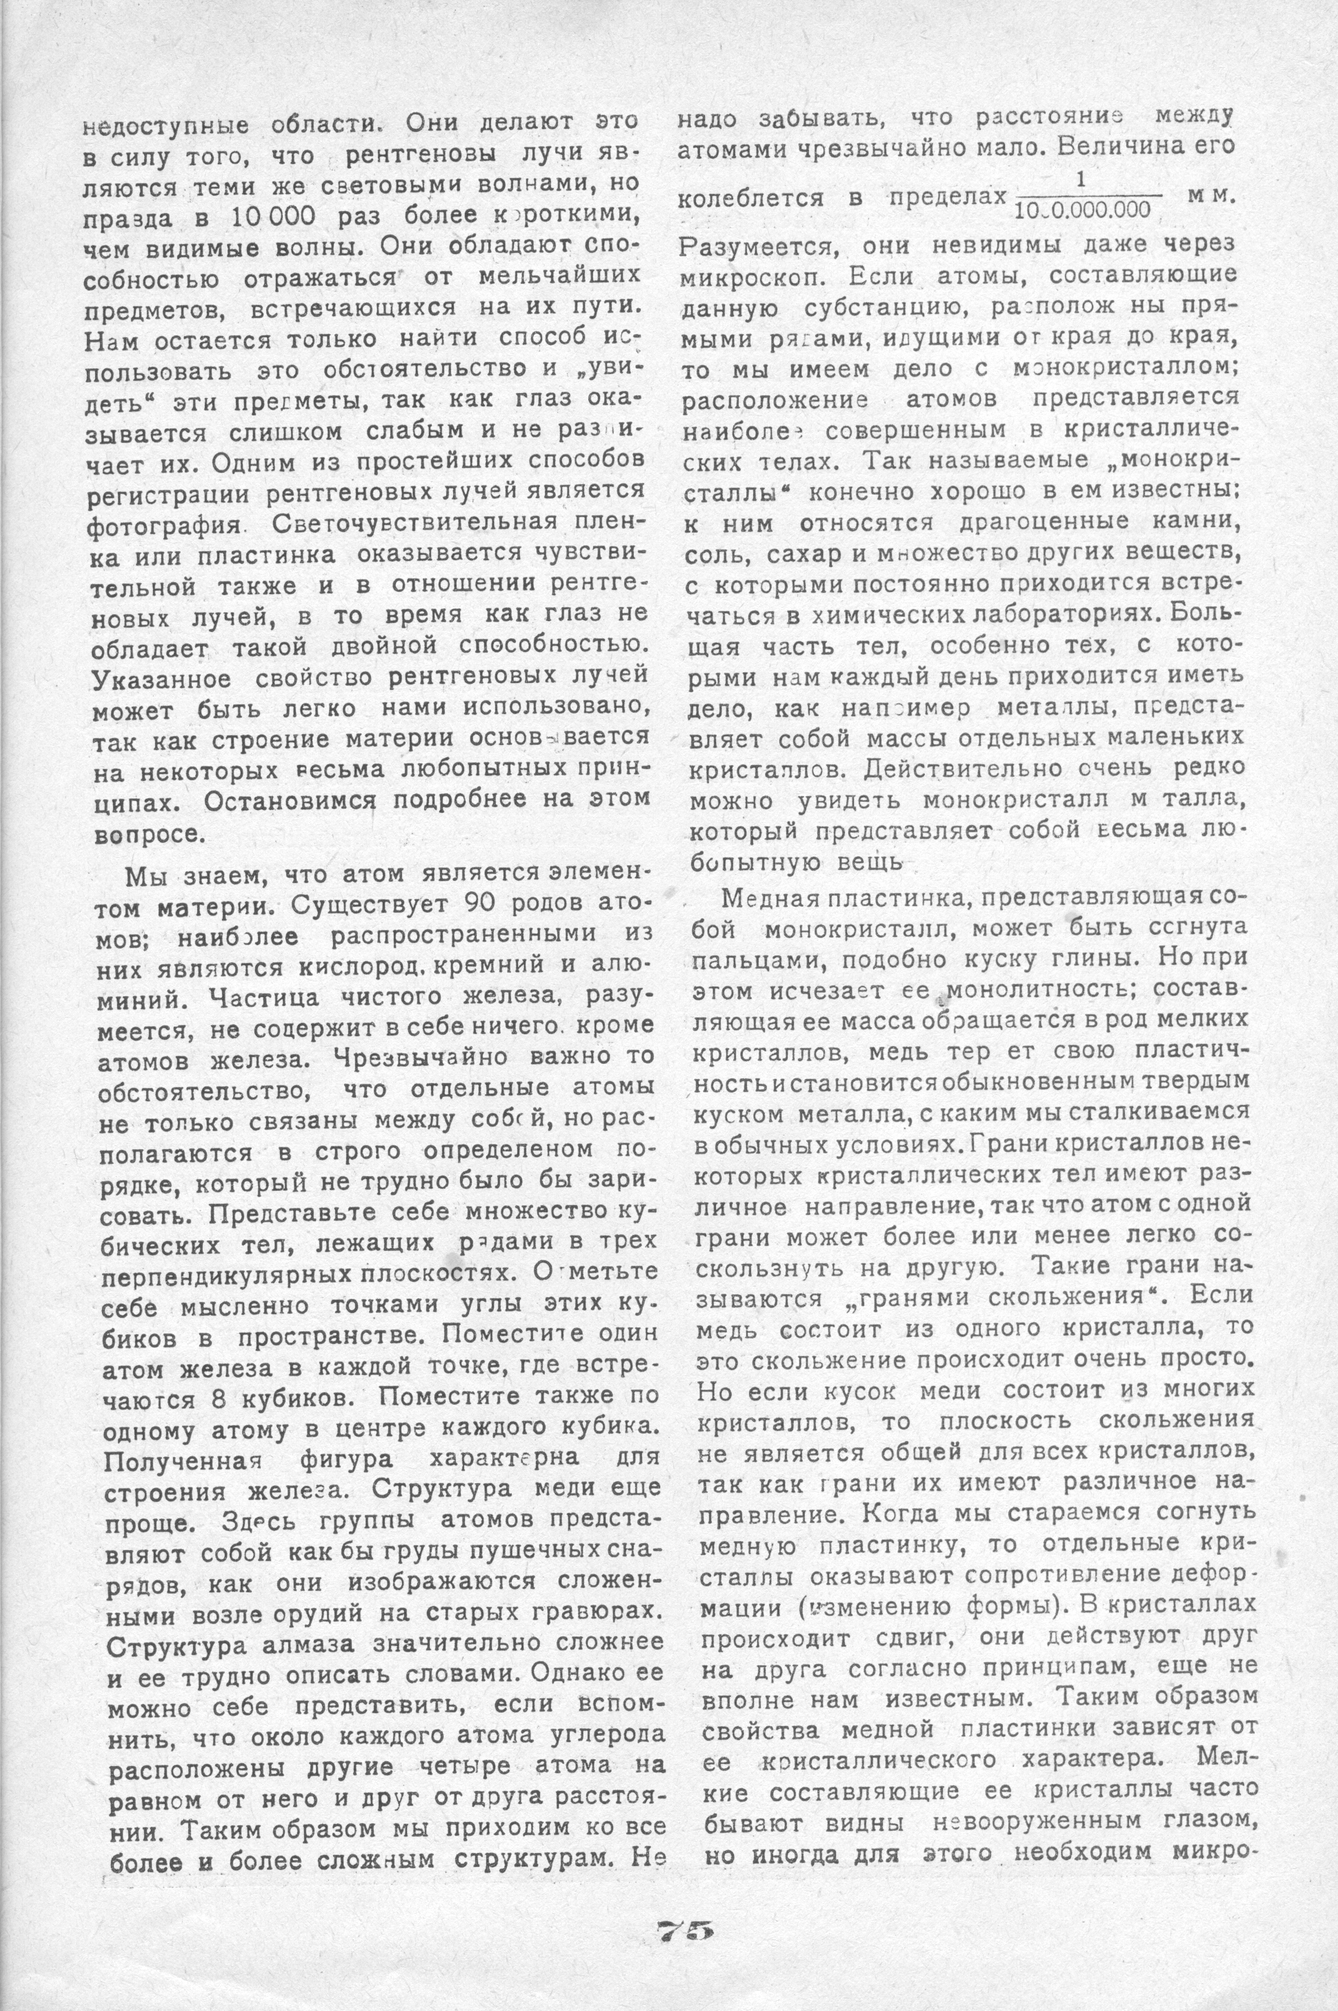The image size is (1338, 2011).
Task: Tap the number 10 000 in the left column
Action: tap(270, 216)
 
